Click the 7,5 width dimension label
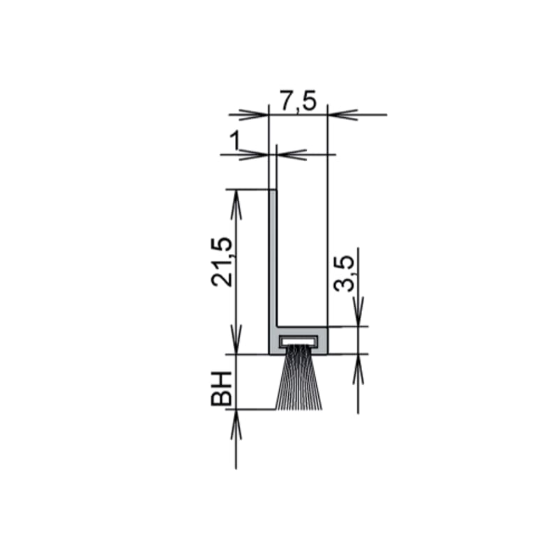[298, 101]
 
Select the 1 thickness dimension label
[234, 141]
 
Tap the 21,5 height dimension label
[222, 261]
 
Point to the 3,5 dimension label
[344, 273]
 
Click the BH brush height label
[221, 389]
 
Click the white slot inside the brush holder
[299, 340]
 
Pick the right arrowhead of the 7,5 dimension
[342, 114]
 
